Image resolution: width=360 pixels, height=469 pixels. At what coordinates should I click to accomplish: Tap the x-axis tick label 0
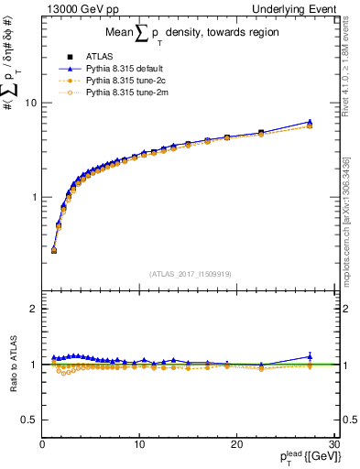[42, 444]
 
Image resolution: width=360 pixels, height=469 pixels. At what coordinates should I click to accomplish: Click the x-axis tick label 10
[138, 444]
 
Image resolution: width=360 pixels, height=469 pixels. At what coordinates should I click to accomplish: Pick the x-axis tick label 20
[235, 444]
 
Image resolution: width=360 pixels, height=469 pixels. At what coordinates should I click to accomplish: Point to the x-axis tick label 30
[333, 444]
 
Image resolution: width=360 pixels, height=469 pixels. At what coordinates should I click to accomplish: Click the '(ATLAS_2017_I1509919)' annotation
[190, 273]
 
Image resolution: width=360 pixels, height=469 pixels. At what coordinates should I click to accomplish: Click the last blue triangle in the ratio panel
[310, 356]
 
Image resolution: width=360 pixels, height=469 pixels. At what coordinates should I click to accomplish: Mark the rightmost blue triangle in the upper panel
[310, 122]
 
